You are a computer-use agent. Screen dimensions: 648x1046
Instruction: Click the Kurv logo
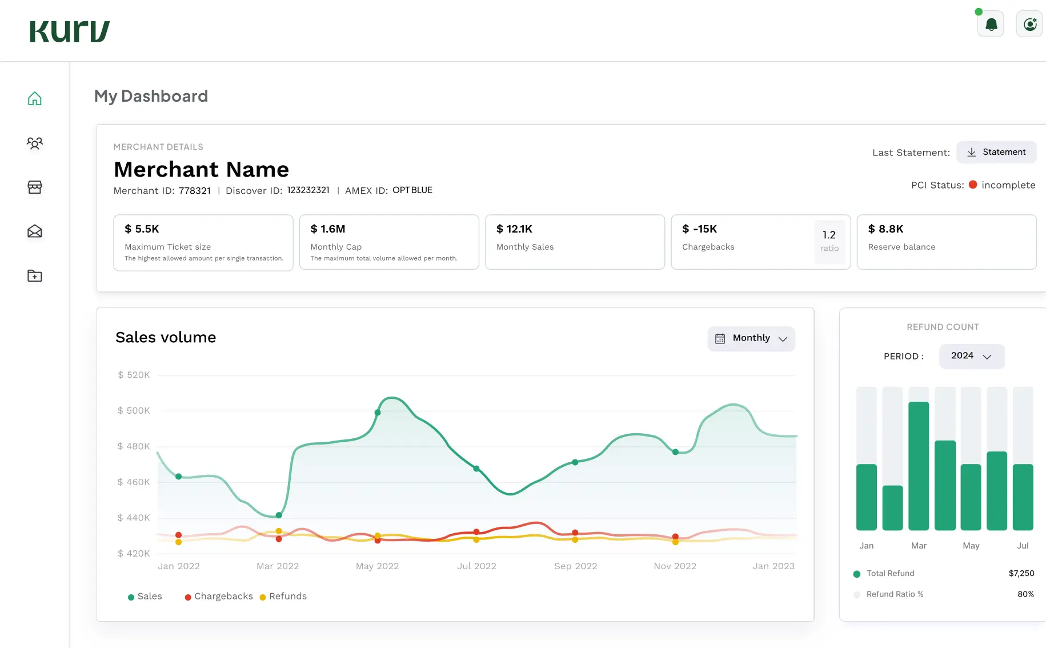(70, 31)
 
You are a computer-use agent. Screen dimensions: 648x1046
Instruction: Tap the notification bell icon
(991, 25)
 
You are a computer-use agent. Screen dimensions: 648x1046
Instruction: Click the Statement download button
(996, 152)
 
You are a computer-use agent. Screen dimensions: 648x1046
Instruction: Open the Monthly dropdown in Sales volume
(751, 338)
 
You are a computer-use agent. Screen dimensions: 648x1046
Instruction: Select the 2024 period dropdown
(971, 356)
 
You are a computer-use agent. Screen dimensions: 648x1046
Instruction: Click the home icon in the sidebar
(35, 99)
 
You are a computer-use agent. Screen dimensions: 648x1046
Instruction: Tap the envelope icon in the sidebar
(35, 231)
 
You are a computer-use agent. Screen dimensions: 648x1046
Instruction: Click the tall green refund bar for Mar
(918, 466)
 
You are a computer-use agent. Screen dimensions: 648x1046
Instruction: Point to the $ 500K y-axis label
(134, 410)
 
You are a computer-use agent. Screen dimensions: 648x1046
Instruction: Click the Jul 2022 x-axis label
(476, 566)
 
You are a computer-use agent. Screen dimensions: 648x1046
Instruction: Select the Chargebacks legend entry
(219, 596)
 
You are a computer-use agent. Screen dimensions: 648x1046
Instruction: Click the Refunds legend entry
(283, 596)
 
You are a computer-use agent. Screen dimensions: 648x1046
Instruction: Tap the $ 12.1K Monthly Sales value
(514, 229)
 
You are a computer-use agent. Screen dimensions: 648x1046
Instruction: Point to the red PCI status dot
(973, 185)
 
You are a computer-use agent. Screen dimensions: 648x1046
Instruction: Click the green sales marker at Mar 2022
(279, 515)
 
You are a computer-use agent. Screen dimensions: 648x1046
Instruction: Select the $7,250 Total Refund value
(1021, 573)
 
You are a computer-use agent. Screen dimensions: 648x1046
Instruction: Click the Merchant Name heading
(201, 170)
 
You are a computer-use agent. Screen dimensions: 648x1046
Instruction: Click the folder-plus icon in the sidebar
(35, 276)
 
